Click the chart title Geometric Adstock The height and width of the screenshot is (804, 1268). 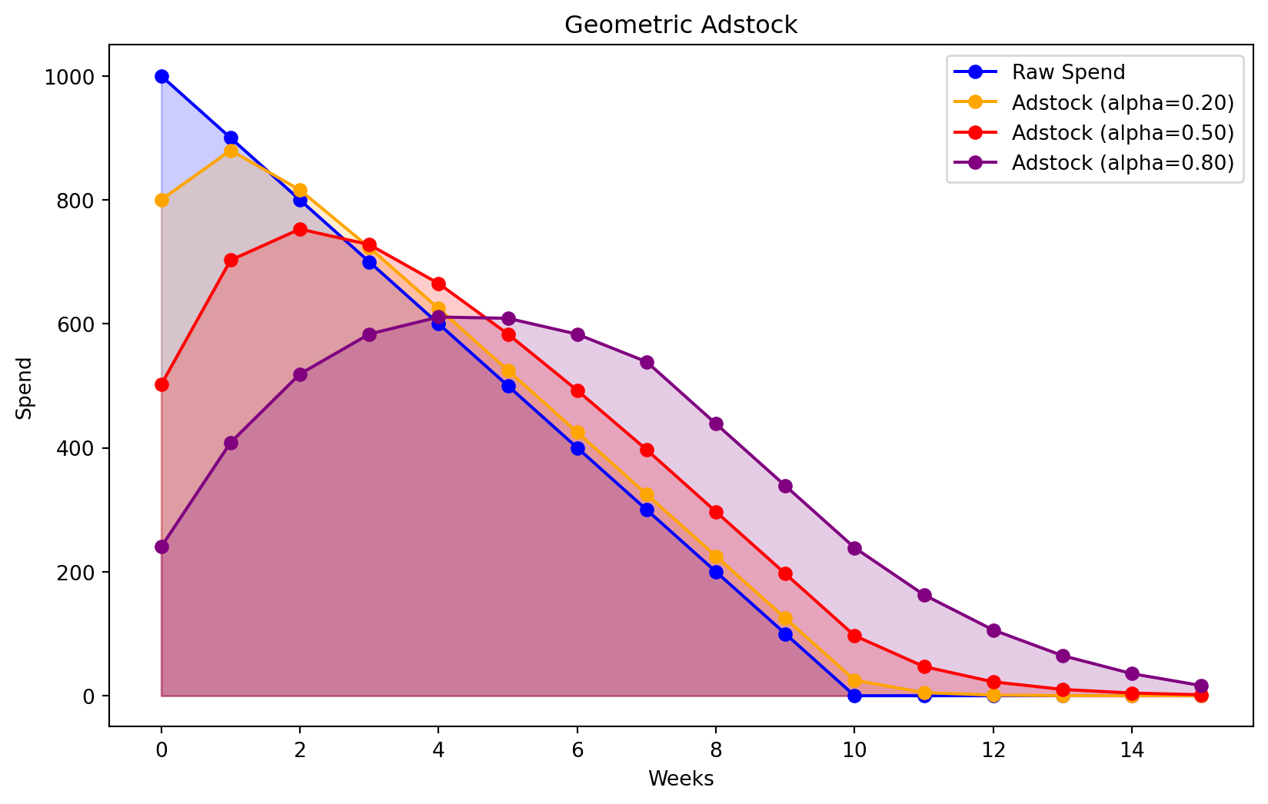(x=681, y=25)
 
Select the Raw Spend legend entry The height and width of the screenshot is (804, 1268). (x=1068, y=72)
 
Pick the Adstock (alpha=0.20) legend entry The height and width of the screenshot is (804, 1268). (x=1122, y=102)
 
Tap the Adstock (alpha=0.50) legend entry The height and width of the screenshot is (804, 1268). (x=1122, y=132)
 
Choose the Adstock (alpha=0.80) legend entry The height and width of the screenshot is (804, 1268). (x=1122, y=163)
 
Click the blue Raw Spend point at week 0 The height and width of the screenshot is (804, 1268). (x=161, y=76)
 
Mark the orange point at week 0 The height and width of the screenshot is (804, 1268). (x=161, y=200)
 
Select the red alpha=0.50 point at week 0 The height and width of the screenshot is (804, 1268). (x=161, y=384)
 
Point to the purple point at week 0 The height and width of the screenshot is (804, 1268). (x=161, y=547)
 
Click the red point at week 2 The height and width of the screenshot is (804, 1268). (x=300, y=229)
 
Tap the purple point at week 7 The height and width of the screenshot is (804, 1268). (x=647, y=362)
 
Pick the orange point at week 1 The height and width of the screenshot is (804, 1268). (x=231, y=151)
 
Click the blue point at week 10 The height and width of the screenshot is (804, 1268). (x=854, y=696)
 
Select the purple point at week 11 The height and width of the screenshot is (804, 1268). (x=924, y=595)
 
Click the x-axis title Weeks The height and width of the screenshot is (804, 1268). (x=681, y=779)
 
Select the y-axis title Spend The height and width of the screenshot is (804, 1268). (x=25, y=387)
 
